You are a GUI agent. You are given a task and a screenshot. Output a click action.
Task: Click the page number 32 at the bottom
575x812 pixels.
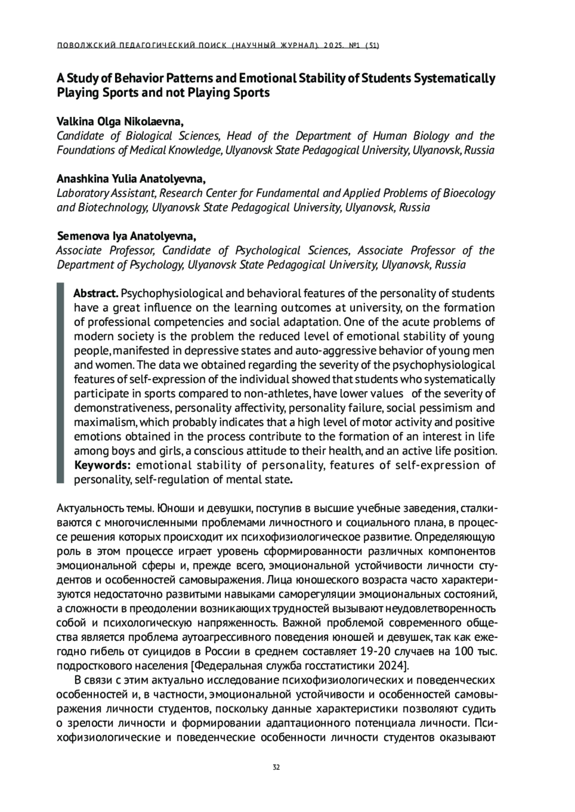(276, 767)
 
